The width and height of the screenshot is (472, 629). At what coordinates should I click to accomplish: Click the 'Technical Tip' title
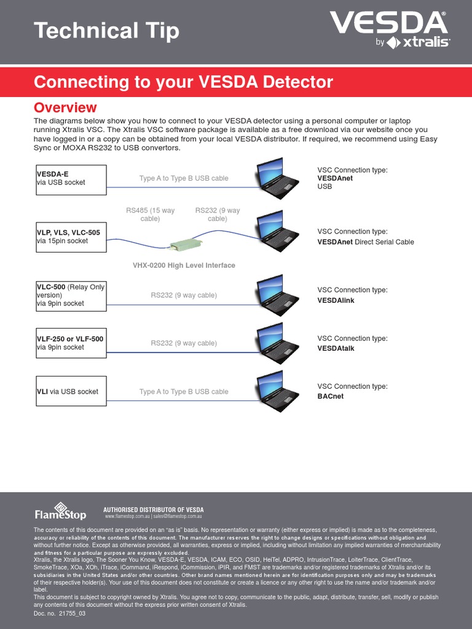106,30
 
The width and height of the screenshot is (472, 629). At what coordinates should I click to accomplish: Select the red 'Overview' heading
65,107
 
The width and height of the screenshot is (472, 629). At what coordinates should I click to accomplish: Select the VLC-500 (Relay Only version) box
71,295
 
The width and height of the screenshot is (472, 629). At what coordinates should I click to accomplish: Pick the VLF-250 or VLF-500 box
71,343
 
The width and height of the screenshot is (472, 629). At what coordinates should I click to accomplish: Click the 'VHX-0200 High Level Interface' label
184,265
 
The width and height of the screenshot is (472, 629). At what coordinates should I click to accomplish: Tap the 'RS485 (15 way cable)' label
150,214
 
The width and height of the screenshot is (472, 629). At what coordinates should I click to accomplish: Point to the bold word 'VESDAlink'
336,300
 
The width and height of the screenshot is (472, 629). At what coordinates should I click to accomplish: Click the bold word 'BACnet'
331,396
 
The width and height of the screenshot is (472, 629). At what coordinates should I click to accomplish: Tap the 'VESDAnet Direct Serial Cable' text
365,242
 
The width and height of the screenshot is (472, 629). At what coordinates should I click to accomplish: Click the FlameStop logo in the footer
60,511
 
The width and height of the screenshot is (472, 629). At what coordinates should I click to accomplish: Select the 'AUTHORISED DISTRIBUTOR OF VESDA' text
153,510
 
